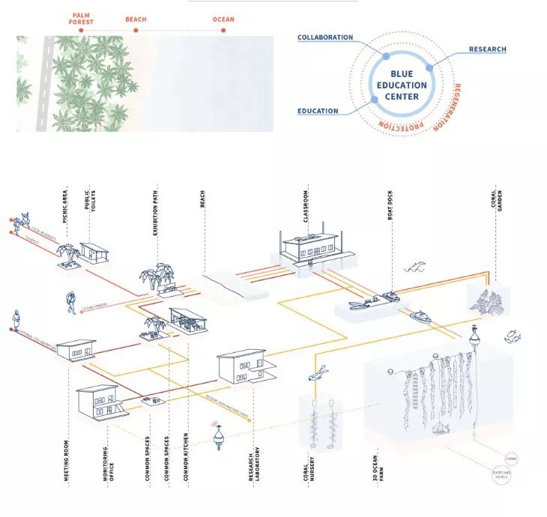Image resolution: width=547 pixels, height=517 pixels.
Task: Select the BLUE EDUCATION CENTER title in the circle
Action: pos(408,85)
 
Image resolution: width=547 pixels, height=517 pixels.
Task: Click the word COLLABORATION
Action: pos(325,37)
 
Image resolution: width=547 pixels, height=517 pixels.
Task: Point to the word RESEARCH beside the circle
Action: pos(487,49)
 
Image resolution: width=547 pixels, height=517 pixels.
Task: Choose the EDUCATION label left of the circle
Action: pos(318,111)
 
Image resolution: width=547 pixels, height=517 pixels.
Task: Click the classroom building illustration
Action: pos(309,247)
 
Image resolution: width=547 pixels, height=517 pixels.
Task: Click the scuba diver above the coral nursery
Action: pos(321,372)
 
